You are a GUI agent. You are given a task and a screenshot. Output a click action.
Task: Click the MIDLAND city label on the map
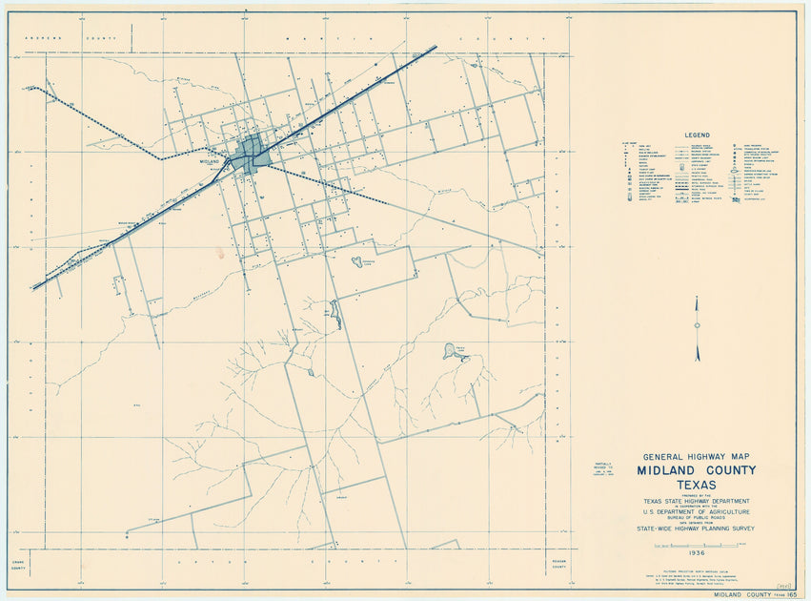[x=212, y=162]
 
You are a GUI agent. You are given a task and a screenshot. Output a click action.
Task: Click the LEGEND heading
[x=697, y=135]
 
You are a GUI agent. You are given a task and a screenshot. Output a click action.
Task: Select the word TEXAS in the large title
[x=697, y=485]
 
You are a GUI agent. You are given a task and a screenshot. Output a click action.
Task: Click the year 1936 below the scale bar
[x=696, y=553]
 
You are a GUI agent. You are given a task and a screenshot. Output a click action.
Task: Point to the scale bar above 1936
[x=696, y=544]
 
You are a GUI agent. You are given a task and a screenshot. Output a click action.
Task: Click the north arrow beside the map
[x=697, y=315]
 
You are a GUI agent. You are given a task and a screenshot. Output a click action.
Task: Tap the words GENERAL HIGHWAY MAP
[x=697, y=457]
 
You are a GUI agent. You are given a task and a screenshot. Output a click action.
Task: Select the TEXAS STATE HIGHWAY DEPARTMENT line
[x=697, y=501]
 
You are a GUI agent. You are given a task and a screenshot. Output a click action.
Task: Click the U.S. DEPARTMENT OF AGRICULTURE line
[x=697, y=510]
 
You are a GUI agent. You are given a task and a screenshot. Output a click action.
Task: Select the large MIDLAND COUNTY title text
[x=697, y=470]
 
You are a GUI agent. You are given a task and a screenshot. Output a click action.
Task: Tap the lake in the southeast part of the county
[x=449, y=352]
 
